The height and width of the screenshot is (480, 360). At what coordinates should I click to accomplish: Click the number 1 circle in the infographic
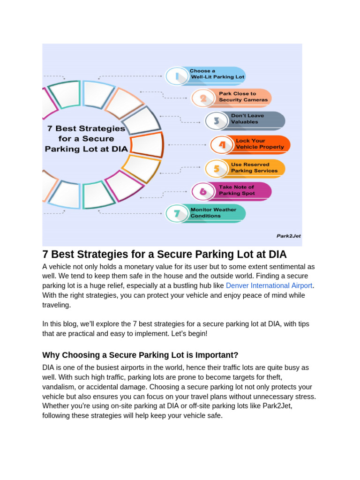[x=177, y=76]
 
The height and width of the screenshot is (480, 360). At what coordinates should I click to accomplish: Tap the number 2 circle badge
[x=203, y=98]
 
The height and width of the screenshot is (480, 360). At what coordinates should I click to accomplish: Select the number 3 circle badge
[x=217, y=121]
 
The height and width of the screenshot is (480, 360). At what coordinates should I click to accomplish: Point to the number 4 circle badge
[x=222, y=145]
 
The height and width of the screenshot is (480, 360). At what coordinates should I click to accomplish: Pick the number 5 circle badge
[x=217, y=169]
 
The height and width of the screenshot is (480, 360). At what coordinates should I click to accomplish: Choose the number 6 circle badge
[x=203, y=191]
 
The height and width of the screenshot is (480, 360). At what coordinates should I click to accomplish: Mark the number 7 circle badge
[x=177, y=214]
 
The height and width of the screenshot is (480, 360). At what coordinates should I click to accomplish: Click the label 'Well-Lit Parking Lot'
[x=217, y=77]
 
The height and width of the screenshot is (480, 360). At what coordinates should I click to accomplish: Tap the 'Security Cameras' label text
[x=243, y=100]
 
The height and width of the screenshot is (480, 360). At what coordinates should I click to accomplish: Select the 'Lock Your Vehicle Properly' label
[x=260, y=144]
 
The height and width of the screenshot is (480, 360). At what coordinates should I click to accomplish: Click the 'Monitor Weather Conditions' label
[x=213, y=213]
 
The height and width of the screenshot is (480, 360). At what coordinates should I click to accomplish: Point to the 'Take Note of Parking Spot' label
[x=237, y=190]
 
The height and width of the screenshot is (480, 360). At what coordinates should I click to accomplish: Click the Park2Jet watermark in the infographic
[x=288, y=236]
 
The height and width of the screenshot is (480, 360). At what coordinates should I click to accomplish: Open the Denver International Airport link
[x=269, y=285]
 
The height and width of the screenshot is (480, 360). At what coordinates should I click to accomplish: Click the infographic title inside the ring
[x=85, y=139]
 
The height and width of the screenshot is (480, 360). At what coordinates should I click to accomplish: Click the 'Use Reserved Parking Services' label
[x=254, y=168]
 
